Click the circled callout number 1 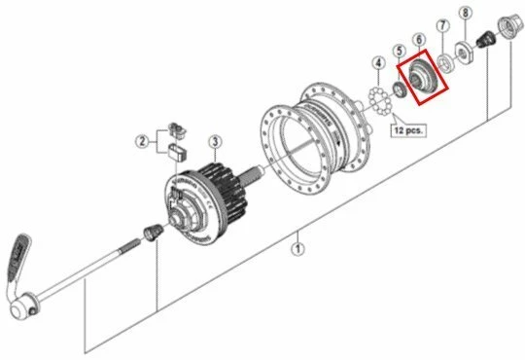tap(297, 248)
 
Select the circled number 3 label tap(214, 143)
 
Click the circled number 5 tap(399, 51)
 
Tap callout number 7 tap(442, 25)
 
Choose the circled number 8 tap(466, 13)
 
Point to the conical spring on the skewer tap(150, 234)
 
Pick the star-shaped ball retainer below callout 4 tap(377, 98)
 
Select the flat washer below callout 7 tap(445, 62)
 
